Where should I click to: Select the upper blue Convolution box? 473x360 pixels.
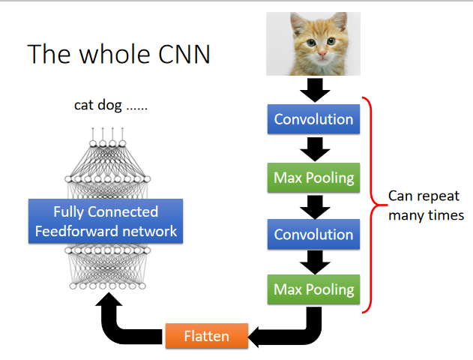coord(313,119)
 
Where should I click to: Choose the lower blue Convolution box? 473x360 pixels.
coord(313,235)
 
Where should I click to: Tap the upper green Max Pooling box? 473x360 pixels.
coord(313,178)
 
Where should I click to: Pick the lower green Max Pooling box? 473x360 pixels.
coord(313,289)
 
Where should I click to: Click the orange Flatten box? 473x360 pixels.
coord(206,337)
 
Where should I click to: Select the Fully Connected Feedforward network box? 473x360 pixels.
coord(105,220)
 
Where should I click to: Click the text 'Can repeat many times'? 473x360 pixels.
coord(425,205)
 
